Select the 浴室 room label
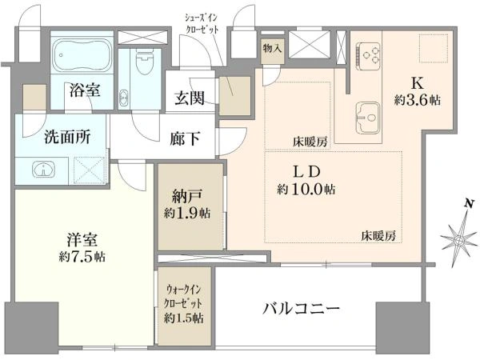(x=84, y=90)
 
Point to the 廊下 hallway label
(x=185, y=138)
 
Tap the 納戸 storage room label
(x=184, y=194)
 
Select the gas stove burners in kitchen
(x=369, y=54)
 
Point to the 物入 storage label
(x=271, y=49)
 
